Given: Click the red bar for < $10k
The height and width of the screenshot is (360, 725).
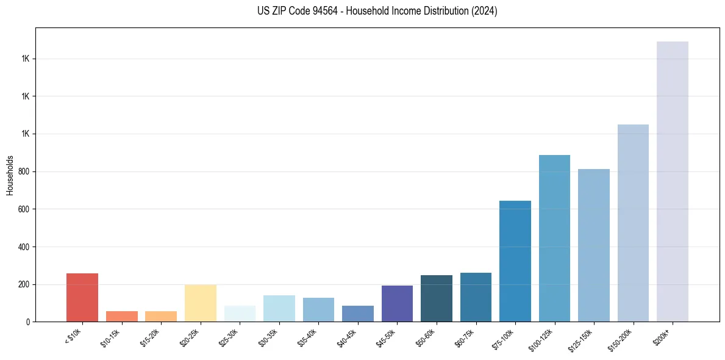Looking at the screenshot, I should coord(82,297).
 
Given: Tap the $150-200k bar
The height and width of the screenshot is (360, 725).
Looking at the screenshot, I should coord(633,223).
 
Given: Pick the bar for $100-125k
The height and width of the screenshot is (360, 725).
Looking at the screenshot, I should coord(554,238).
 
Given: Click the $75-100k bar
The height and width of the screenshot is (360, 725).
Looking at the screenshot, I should coord(515,261).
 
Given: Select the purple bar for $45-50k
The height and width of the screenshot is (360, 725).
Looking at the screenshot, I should coord(397,303).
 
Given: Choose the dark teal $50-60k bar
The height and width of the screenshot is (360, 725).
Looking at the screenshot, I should coord(437,298).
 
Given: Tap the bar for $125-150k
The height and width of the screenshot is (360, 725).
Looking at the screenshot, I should coord(594,245).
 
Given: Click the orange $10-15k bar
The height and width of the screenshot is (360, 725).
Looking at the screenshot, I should coord(122,316).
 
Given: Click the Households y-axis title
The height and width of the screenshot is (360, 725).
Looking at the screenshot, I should coord(10,175).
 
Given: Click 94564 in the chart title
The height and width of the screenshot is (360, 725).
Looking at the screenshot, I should coord(326,11).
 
